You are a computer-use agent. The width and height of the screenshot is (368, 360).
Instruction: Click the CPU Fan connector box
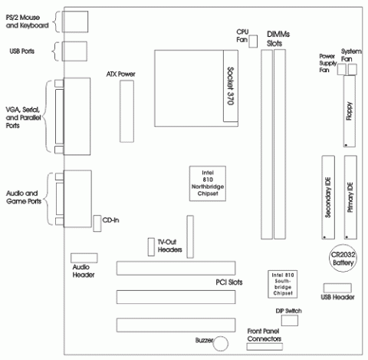coord(253,41)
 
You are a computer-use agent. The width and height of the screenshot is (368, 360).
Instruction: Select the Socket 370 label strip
coord(231,86)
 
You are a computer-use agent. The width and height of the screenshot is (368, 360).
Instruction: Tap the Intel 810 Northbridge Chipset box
coord(208,183)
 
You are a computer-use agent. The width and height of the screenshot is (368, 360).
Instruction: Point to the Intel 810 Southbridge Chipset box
coord(283,284)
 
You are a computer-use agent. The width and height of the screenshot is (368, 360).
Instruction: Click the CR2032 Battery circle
coord(343,259)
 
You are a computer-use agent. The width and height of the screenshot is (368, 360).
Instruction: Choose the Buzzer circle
coord(221,344)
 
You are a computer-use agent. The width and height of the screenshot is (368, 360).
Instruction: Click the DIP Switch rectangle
coord(290,320)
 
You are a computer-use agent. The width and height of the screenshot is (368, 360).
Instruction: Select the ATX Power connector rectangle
coord(127,111)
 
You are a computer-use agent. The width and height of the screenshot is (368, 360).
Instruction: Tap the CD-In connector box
coord(97,223)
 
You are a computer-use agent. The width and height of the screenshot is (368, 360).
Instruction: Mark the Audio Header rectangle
coord(84,258)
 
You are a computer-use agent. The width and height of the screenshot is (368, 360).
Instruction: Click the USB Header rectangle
coord(337,288)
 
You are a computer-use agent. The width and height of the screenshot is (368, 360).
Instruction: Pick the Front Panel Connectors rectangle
coord(264,347)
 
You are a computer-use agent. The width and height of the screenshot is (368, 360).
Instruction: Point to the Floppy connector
coord(350,111)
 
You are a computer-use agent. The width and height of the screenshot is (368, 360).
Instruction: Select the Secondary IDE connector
coord(328,197)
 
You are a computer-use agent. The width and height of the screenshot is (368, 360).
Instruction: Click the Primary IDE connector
coord(350,197)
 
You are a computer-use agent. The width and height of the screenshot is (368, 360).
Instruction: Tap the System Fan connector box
coord(353,70)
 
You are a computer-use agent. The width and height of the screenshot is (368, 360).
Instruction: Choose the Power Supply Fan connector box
coord(341,70)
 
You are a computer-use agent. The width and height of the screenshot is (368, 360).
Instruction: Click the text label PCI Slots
coord(229,282)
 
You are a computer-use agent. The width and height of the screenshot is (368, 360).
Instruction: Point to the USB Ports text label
coord(22,51)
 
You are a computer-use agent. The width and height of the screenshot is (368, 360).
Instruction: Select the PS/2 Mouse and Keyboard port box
coord(75,21)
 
